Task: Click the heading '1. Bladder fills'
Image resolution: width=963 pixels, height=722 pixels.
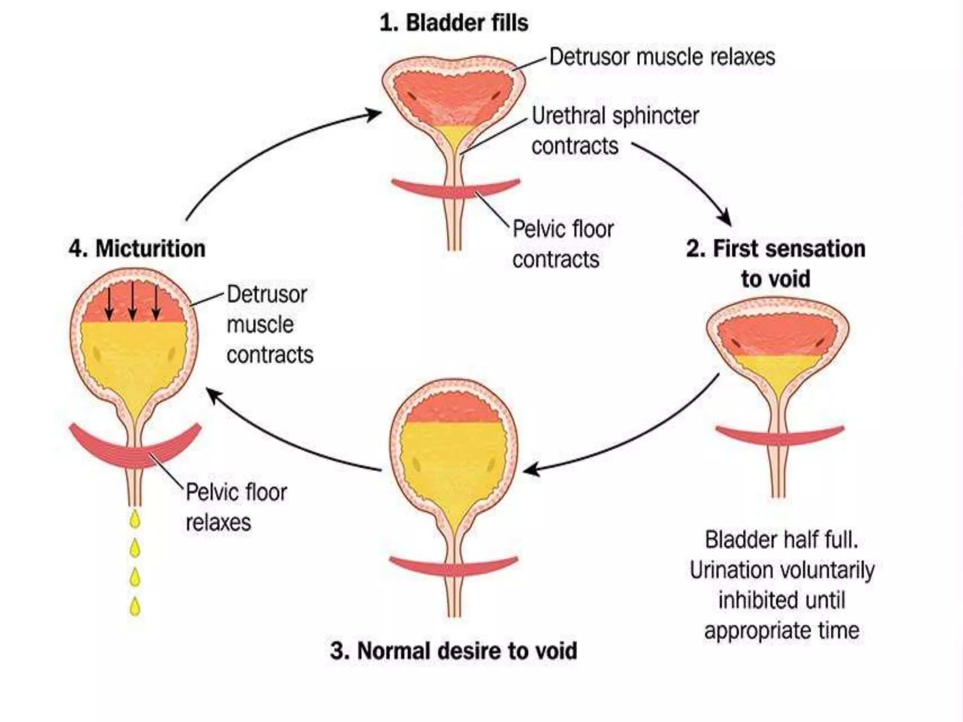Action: pyautogui.click(x=454, y=23)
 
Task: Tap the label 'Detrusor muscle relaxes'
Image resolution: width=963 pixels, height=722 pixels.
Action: pyautogui.click(x=662, y=57)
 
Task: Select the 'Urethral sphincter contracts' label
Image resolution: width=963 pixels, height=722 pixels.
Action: pyautogui.click(x=615, y=130)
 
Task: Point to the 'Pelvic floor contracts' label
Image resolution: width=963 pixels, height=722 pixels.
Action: pyautogui.click(x=562, y=244)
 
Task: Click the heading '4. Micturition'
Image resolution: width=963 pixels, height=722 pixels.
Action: pyautogui.click(x=137, y=248)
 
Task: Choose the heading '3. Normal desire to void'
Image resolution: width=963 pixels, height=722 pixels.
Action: pyautogui.click(x=453, y=651)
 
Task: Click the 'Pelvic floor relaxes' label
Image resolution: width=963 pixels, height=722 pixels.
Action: pyautogui.click(x=236, y=507)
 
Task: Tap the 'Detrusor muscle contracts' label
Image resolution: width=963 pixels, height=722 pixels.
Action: pyautogui.click(x=269, y=324)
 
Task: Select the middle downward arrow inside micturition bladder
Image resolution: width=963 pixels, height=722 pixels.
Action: pyautogui.click(x=133, y=301)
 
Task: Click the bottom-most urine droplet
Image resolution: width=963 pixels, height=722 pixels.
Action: pyautogui.click(x=135, y=606)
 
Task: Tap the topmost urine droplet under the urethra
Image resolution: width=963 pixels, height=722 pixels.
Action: pyautogui.click(x=135, y=519)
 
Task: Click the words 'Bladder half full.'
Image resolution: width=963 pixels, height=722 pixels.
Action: pyautogui.click(x=781, y=540)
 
